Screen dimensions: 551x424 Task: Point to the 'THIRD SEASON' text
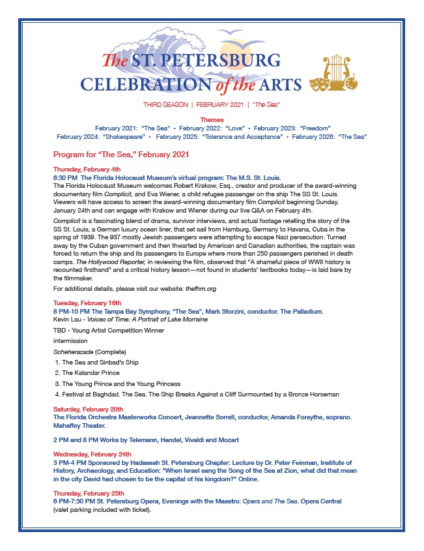click(165, 104)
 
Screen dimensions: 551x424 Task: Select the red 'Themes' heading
click(212, 120)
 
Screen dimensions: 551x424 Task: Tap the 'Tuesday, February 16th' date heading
click(87, 303)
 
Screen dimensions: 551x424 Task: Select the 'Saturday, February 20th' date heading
click(89, 409)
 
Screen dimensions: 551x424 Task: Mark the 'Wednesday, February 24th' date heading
click(92, 454)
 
